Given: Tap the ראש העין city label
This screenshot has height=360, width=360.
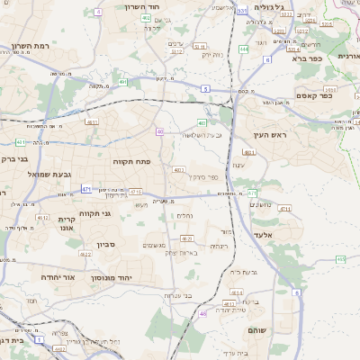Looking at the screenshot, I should pos(269,134).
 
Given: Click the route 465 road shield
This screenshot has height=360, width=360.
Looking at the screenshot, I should pos(341,258).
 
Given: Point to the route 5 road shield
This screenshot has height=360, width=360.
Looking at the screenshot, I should pos(205,89).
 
